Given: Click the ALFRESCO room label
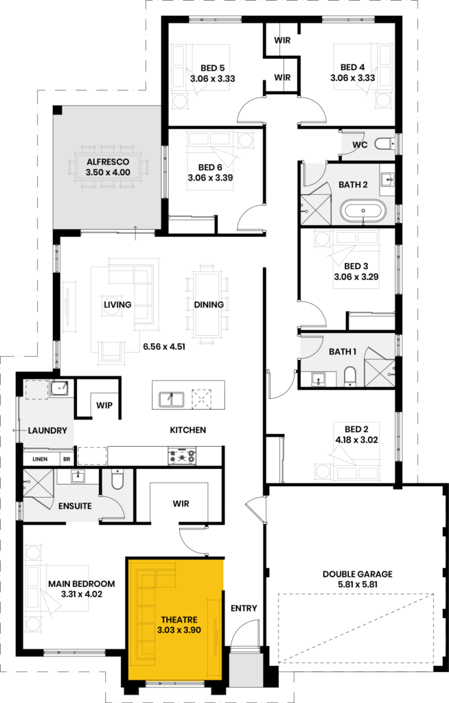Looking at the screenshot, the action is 108,162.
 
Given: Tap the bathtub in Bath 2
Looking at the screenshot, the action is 363,211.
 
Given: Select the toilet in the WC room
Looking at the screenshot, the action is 384,143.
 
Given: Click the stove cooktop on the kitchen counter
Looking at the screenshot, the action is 182,457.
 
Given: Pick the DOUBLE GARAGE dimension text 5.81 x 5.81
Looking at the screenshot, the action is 358,585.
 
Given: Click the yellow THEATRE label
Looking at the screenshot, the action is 179,620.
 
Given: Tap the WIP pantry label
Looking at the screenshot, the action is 104,405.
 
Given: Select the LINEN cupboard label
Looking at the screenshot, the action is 40,459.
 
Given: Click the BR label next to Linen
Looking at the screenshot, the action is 67,459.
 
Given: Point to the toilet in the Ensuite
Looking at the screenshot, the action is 117,479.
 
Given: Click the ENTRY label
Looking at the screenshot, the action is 244,608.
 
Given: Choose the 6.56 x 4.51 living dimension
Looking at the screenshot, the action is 164,347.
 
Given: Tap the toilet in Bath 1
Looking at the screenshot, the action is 350,376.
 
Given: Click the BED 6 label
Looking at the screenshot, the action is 210,168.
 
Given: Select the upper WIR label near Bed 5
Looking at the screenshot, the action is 282,41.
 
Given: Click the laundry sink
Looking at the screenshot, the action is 59,389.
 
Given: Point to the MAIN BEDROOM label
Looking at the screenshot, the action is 82,584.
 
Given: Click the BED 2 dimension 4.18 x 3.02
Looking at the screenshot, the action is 356,440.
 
